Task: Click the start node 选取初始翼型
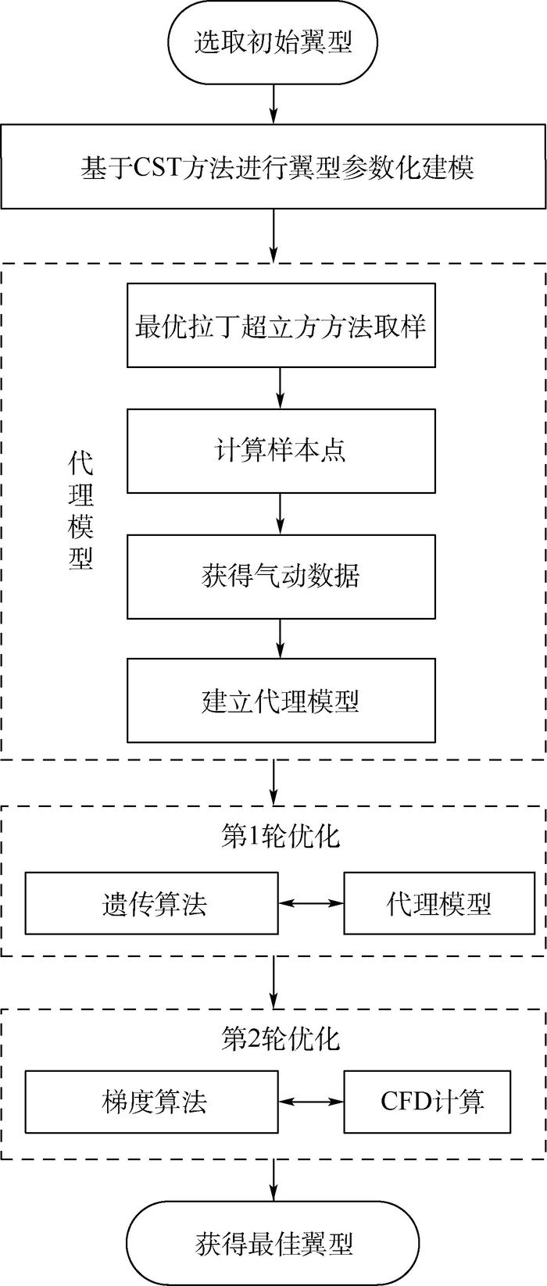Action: coord(273,41)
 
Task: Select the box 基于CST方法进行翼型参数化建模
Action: coord(273,167)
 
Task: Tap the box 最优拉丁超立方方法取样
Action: coord(281,326)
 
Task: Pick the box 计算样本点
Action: coord(281,451)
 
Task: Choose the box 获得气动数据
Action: coord(281,576)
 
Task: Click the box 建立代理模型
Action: coord(281,700)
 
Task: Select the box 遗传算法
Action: coord(152,904)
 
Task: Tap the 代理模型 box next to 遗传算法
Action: coord(438,904)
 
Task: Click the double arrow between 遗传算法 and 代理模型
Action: coord(311,904)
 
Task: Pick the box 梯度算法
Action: coord(152,1102)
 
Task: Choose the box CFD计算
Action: coord(431,1102)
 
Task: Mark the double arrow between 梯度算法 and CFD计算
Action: coord(311,1102)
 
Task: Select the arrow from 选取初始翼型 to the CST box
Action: coord(273,100)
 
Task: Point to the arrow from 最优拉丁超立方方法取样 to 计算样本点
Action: coord(281,388)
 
